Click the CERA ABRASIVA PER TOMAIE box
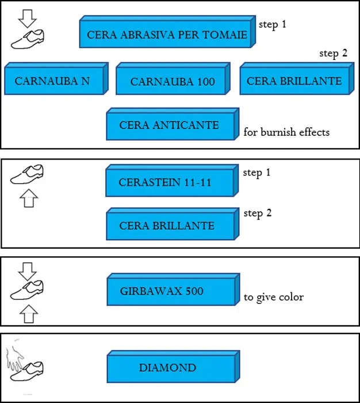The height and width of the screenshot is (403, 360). (x=167, y=35)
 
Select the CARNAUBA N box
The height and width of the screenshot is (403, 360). (x=52, y=81)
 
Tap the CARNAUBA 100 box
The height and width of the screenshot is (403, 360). (x=173, y=82)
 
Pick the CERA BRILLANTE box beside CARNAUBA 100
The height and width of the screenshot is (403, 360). (x=294, y=81)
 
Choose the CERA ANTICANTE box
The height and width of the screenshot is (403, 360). (x=169, y=124)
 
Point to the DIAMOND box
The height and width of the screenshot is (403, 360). (x=167, y=367)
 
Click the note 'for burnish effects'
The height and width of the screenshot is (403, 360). (x=286, y=132)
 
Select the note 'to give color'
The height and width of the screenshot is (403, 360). (x=273, y=297)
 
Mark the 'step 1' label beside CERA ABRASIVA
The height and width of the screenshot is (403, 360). (x=273, y=25)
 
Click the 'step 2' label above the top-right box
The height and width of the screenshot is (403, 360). (x=334, y=53)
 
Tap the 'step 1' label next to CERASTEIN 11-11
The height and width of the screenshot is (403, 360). (x=257, y=172)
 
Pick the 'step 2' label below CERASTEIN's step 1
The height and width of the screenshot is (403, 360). (x=257, y=213)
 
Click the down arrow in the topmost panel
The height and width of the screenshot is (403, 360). (x=26, y=18)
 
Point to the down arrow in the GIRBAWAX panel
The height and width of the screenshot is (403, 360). (x=26, y=270)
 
